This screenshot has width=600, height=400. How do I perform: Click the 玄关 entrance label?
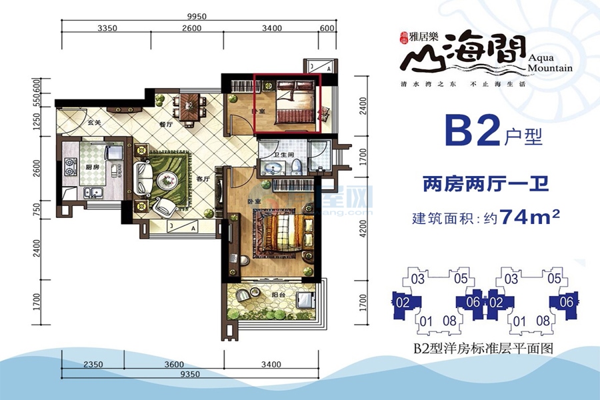point(93,123)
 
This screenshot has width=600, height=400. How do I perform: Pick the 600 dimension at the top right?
point(327,28)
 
